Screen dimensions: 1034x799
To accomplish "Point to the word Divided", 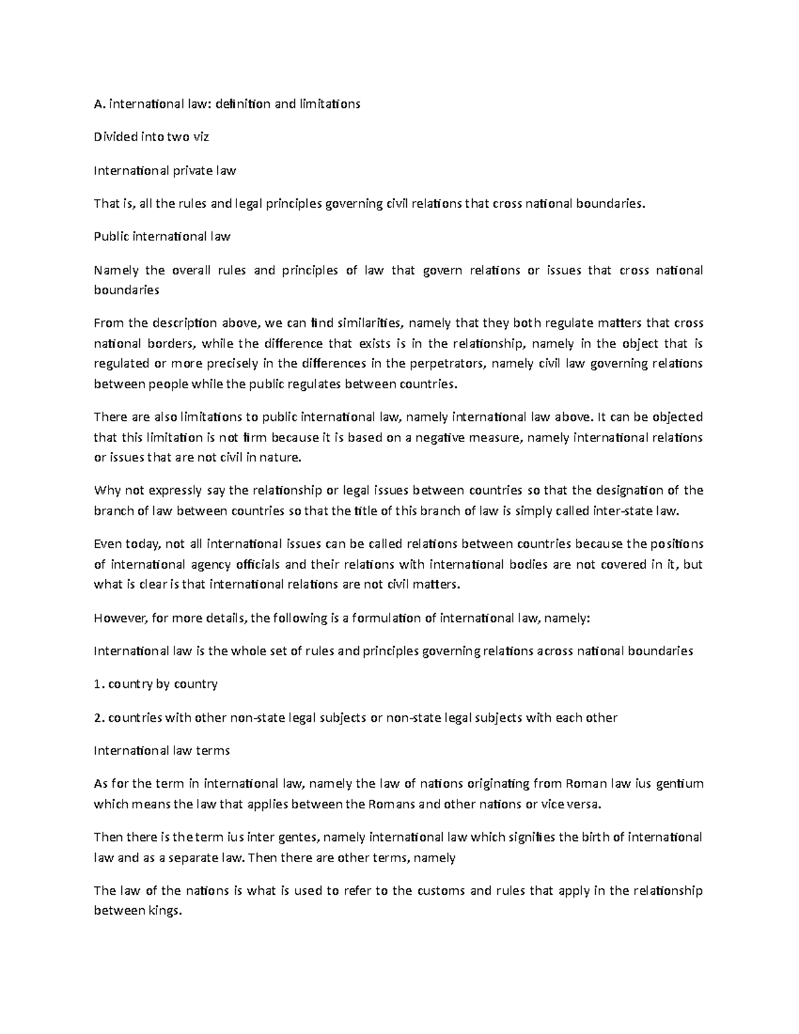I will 116,137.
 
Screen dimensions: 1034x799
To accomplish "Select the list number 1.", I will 98,684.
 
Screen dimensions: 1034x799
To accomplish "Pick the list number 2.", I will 98,718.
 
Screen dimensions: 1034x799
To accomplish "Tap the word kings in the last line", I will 166,911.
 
